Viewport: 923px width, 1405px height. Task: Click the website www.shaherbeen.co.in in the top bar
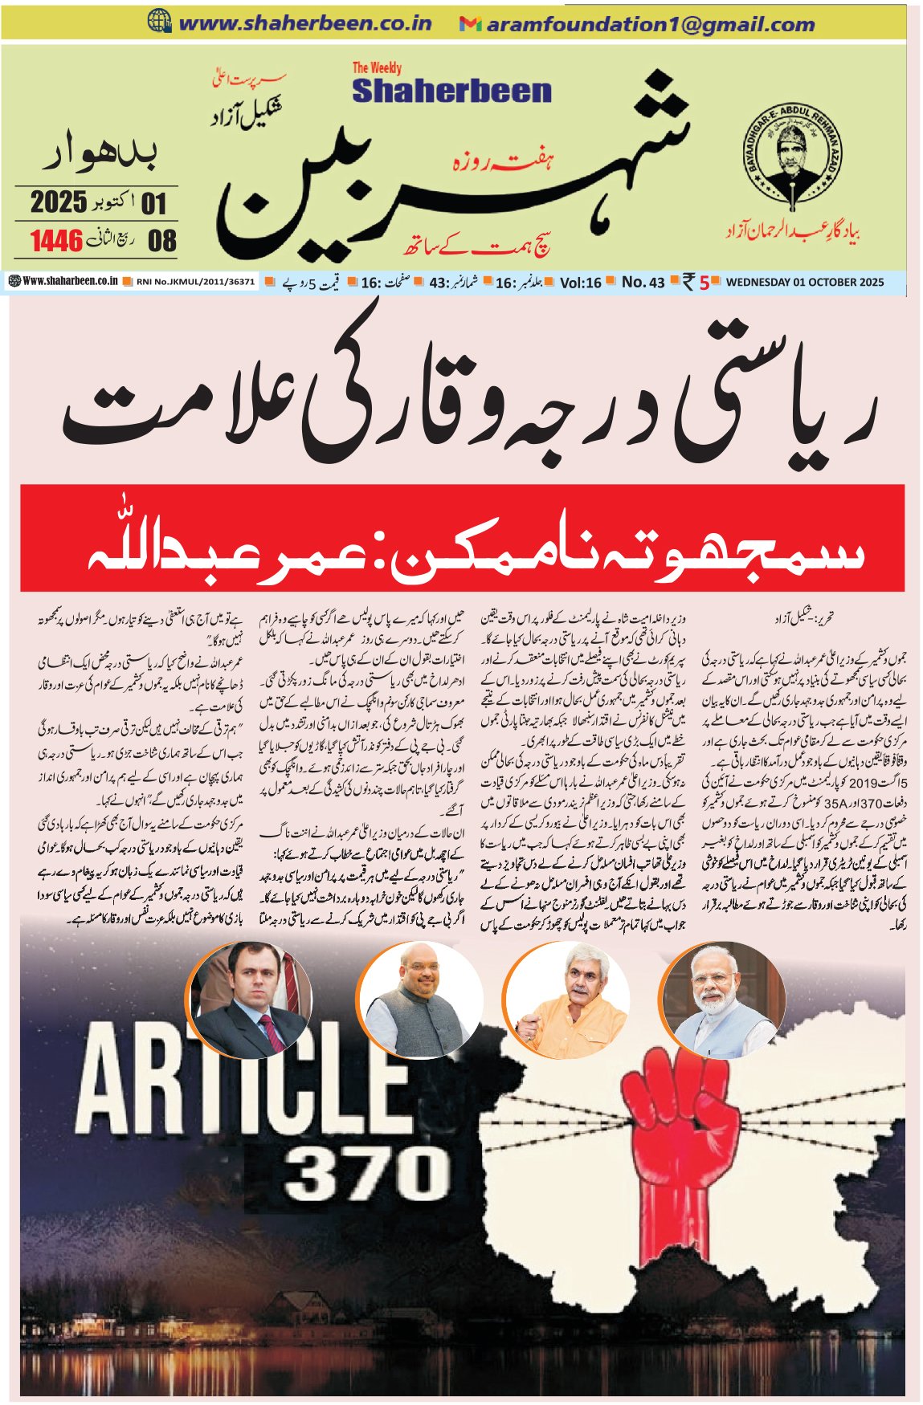pyautogui.click(x=304, y=24)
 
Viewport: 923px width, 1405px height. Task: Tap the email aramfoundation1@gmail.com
pyautogui.click(x=651, y=25)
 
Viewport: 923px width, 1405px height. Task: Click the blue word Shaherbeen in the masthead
pyautogui.click(x=451, y=91)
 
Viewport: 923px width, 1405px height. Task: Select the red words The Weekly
pyautogui.click(x=377, y=68)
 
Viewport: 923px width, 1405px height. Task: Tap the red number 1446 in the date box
pyautogui.click(x=57, y=240)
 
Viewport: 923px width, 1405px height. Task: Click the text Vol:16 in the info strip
pyautogui.click(x=580, y=283)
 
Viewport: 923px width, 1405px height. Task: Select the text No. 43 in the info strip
pyautogui.click(x=643, y=283)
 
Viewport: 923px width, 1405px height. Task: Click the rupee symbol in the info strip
pyautogui.click(x=688, y=282)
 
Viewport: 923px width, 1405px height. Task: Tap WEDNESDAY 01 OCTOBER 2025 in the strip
pyautogui.click(x=804, y=283)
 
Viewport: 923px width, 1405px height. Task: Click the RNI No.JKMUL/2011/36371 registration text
pyautogui.click(x=195, y=283)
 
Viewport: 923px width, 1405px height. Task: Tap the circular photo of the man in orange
pyautogui.click(x=566, y=1001)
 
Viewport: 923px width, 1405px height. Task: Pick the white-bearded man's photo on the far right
pyautogui.click(x=713, y=1000)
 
